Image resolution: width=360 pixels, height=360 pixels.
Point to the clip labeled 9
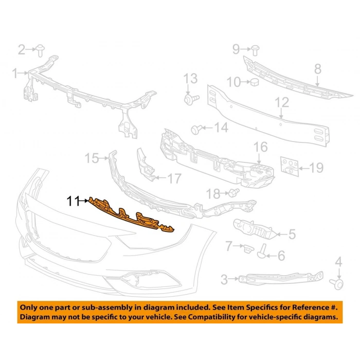pos(255,49)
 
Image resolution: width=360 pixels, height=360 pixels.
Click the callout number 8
pos(317,68)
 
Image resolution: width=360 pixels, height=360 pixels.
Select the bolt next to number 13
pos(190,97)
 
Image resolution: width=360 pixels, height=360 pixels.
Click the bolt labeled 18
pos(231,193)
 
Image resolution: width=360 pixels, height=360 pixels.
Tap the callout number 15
pos(92,158)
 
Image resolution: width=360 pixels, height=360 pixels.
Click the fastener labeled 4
pos(339,282)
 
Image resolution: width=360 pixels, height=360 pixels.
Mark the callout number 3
pos(225,280)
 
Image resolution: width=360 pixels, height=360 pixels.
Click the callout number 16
pos(261,147)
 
